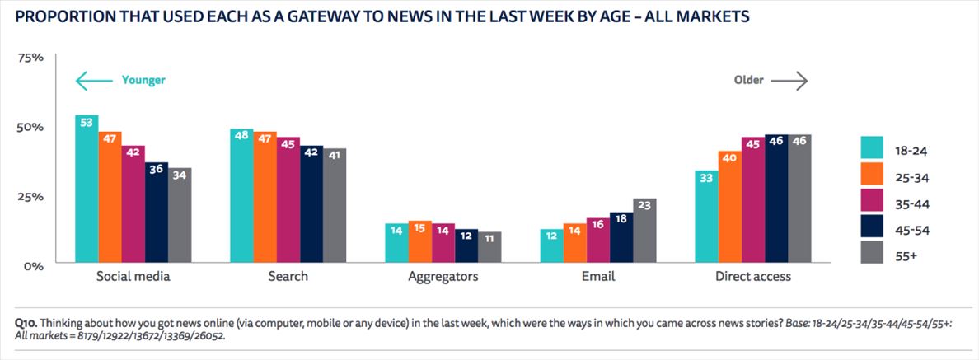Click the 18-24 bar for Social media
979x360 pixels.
coord(87,189)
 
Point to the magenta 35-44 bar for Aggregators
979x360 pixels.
coord(443,243)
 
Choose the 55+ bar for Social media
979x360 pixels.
coord(180,215)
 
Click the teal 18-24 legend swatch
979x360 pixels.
coord(873,148)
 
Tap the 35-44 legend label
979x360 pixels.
coord(911,203)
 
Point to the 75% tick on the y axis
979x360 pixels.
coord(30,58)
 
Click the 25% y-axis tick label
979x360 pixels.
coord(30,197)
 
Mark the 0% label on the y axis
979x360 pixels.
coord(33,266)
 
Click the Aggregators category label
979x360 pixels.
coord(443,277)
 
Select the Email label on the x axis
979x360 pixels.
coord(597,277)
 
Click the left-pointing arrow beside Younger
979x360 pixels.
coord(93,81)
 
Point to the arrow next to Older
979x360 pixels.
coord(789,81)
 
